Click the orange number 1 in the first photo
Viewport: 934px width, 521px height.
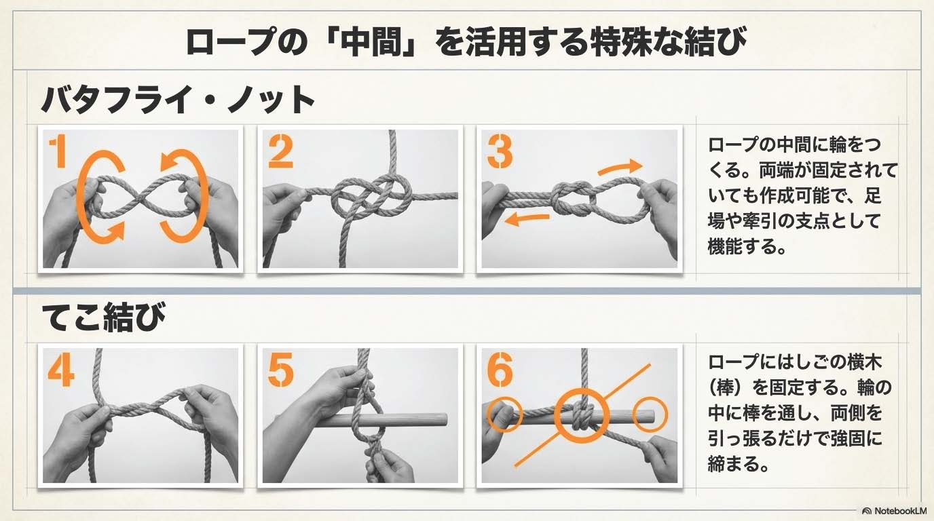pos(58,153)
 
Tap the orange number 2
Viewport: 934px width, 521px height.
pos(280,153)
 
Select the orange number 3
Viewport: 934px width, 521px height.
pos(500,153)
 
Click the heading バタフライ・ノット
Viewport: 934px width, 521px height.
pos(178,99)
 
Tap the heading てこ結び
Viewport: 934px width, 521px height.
pos(104,317)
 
